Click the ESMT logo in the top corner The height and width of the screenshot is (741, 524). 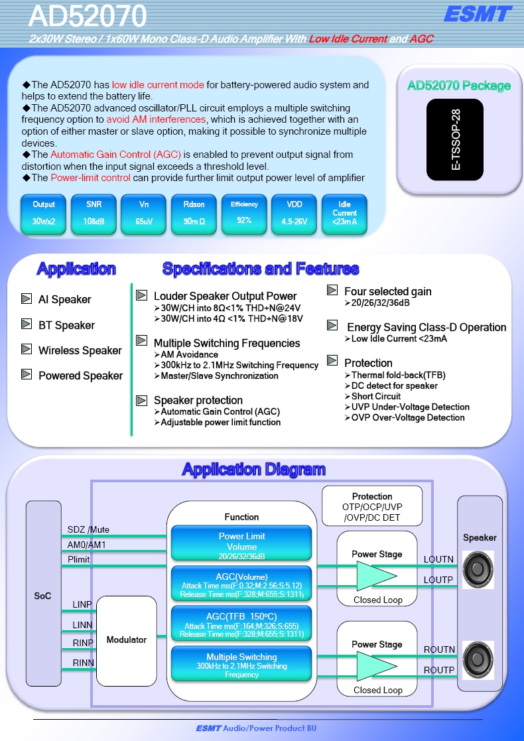coord(477,14)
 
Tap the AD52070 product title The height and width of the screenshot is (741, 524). coord(88,16)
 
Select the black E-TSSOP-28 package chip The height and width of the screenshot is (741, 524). coord(454,139)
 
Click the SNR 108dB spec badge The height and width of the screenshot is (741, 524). coord(94,214)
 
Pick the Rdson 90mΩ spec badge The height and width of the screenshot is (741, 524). coord(194,214)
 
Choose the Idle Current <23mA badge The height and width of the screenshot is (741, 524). coord(344,214)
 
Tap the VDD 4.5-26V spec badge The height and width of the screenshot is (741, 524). coord(294,214)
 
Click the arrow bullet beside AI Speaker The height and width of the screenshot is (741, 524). coord(27,299)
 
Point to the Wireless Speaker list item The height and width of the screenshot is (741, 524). coord(80,350)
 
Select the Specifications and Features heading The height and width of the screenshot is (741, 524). coord(261,269)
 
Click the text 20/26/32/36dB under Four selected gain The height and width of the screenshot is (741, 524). coord(380,303)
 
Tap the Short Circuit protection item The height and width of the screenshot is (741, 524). coord(375,396)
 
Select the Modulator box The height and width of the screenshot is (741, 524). coord(126,641)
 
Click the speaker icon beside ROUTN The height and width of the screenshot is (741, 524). coord(478,659)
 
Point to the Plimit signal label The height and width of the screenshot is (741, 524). coord(78,559)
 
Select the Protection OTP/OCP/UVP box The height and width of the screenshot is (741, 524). coord(372,506)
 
